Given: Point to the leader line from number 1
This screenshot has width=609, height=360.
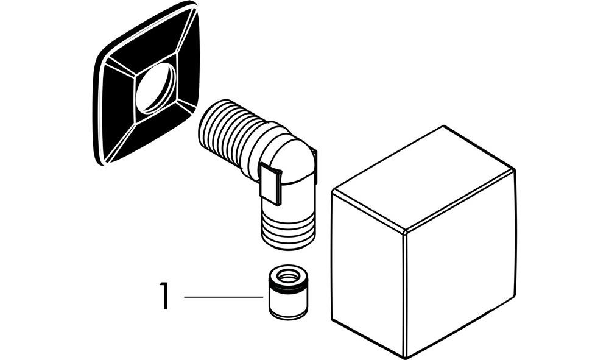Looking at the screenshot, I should click(x=222, y=297).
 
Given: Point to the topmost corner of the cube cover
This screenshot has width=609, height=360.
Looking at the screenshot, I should click(x=443, y=126).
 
